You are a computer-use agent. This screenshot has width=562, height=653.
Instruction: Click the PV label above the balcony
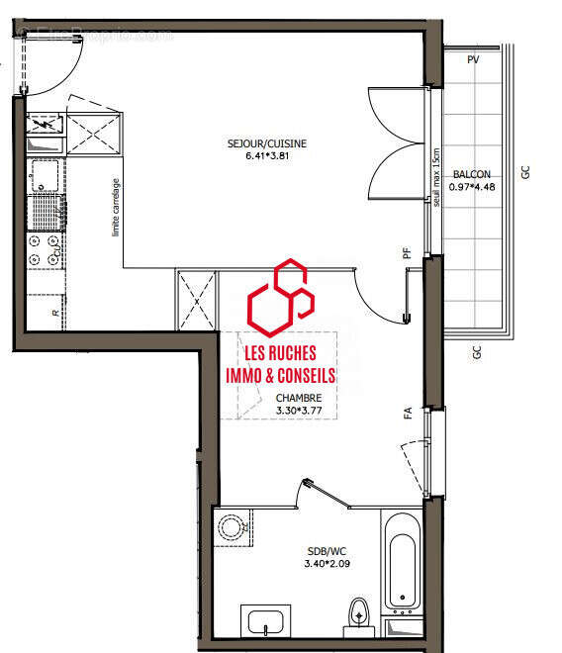tap(473, 60)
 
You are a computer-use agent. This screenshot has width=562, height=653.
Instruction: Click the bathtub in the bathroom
tap(403, 560)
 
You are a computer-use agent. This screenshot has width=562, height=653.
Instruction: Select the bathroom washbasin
tap(266, 623)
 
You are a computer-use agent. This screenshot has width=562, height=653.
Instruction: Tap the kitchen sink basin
tap(45, 178)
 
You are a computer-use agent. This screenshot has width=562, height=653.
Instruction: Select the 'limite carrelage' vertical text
tap(116, 207)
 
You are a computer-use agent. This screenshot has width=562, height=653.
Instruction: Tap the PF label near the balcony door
tap(407, 253)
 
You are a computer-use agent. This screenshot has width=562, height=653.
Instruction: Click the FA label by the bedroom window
tap(407, 414)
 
